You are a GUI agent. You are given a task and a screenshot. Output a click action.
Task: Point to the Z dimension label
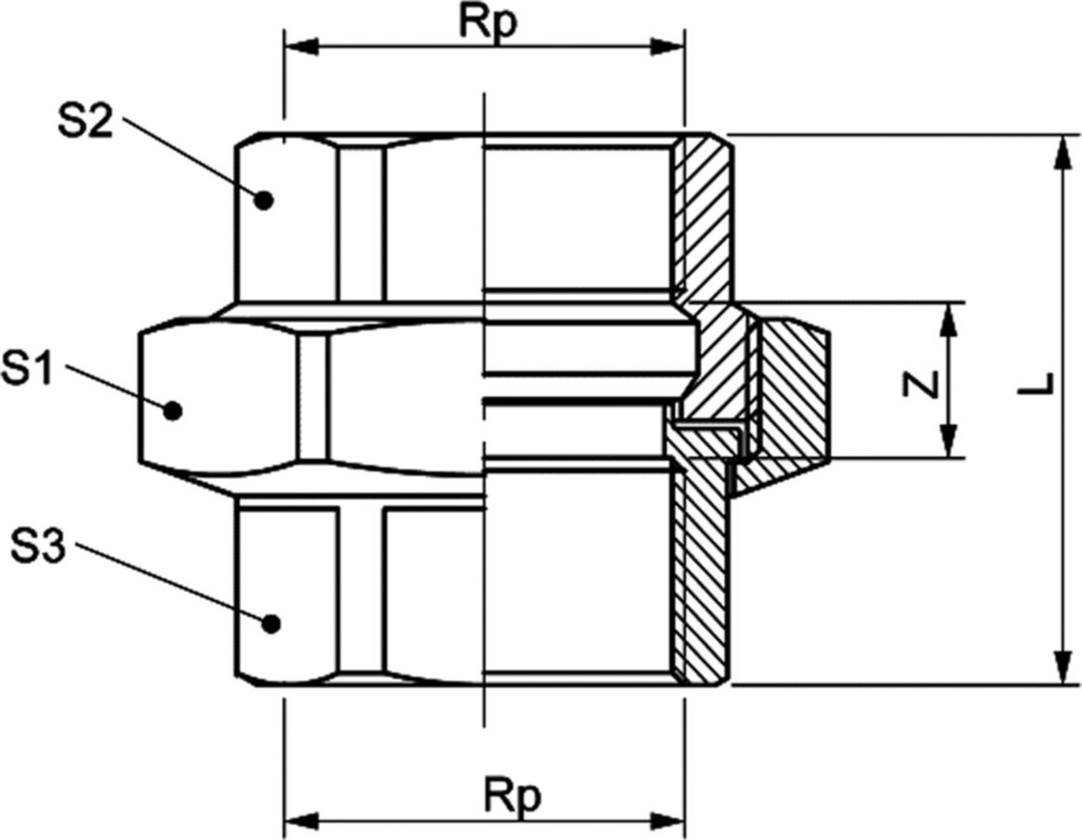coord(922,384)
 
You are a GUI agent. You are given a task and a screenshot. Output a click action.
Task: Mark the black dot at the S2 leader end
coord(264,200)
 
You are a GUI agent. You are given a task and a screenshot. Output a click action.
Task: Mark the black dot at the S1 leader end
coord(173,411)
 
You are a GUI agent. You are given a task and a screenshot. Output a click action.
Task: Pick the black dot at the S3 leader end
coord(271,623)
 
